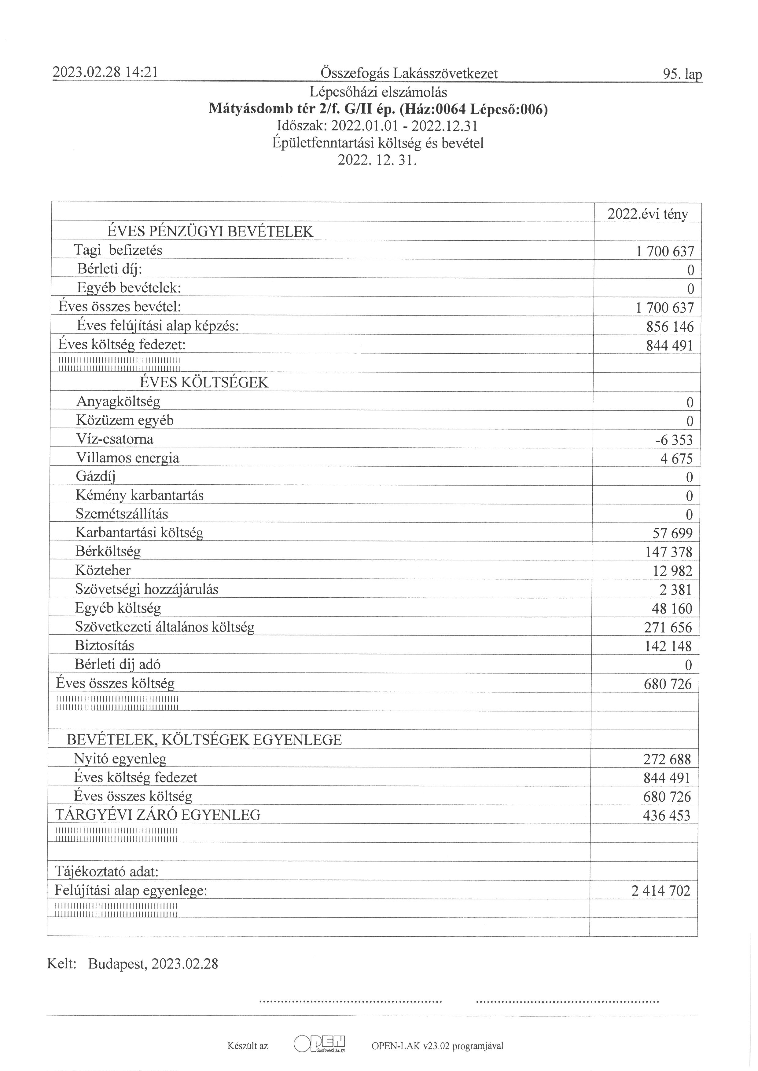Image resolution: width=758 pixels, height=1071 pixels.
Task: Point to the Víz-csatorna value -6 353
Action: point(674,440)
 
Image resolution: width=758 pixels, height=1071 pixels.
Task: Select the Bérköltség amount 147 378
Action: point(668,552)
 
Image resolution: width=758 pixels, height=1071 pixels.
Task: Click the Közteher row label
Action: point(103,570)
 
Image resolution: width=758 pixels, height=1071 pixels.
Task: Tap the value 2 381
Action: point(675,590)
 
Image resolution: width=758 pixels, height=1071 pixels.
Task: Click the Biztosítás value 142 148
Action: point(668,647)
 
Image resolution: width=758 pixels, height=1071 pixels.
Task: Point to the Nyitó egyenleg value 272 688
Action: point(667,760)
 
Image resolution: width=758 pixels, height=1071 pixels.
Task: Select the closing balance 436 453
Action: point(667,816)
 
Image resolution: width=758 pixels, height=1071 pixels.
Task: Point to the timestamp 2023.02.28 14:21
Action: point(105,72)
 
